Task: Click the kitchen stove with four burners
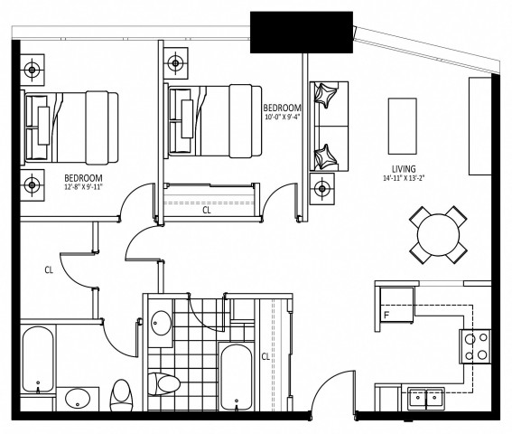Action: [475, 346]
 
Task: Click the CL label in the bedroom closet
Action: [206, 211]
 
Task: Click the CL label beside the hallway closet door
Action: [50, 269]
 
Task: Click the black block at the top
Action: [301, 33]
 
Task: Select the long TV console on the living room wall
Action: [478, 126]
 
